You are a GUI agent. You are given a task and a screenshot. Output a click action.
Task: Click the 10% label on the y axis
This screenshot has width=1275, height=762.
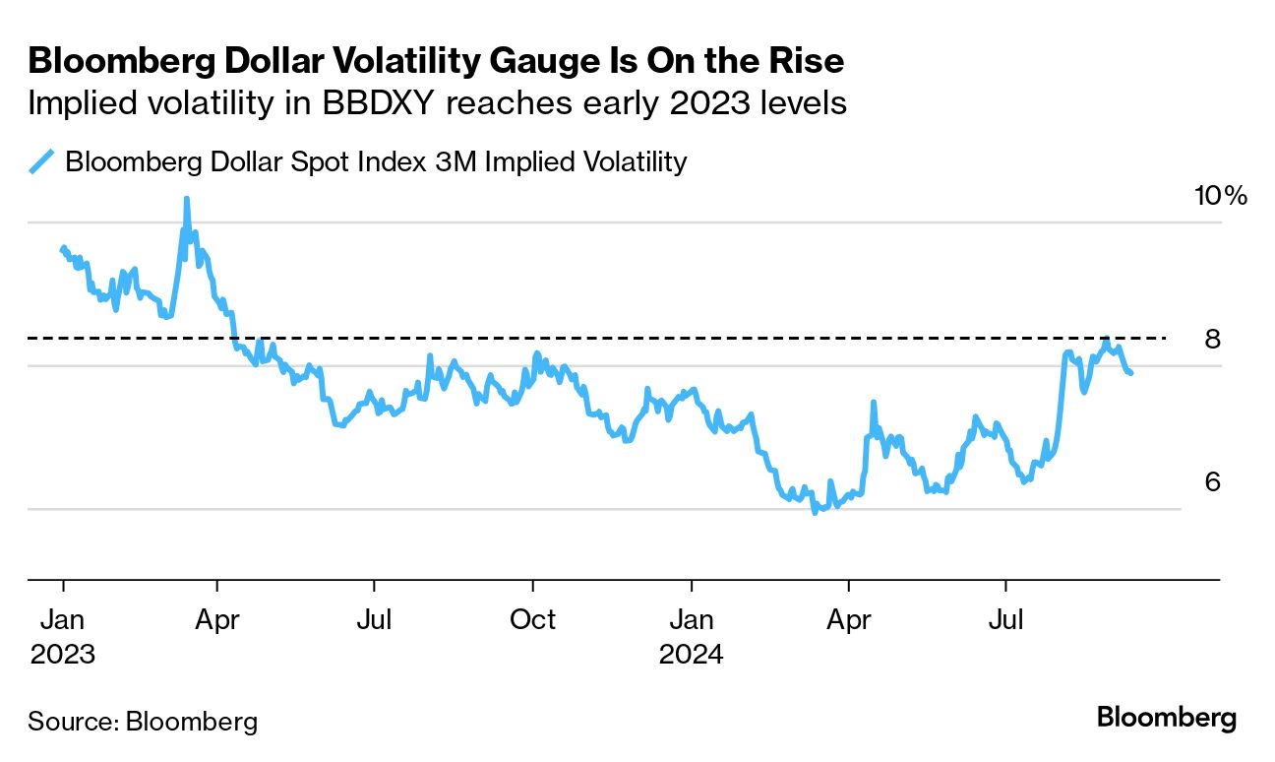pos(1220,195)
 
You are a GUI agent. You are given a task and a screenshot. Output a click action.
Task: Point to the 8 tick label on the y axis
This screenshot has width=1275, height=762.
pos(1212,340)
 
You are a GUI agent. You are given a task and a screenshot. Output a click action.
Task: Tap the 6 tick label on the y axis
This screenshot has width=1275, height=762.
pos(1212,482)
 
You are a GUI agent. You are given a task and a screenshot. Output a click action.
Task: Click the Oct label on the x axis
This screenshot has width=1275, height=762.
pos(532,620)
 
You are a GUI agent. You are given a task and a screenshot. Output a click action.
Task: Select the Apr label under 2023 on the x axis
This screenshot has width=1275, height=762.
pos(217,620)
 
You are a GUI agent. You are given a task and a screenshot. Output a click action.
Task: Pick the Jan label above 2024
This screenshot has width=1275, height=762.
pos(691,620)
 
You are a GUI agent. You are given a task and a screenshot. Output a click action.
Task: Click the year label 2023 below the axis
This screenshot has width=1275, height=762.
pos(62,654)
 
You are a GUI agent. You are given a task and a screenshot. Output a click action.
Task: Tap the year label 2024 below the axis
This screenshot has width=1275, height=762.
pos(691,654)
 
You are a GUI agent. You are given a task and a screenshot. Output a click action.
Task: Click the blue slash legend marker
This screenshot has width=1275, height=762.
pos(42,161)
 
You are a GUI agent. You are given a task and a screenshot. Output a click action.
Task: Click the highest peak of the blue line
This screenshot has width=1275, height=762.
pos(186,199)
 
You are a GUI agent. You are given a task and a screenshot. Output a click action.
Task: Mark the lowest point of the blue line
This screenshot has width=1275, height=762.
pos(815,513)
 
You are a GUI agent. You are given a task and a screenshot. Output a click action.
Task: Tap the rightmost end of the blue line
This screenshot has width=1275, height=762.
pos(1131,373)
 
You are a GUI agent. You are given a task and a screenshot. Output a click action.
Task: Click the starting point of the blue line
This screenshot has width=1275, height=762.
pos(63,248)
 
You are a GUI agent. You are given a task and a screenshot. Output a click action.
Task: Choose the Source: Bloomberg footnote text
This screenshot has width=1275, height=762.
pos(143,721)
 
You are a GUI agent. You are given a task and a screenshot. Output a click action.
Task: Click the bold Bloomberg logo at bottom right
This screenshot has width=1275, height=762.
pos(1166,718)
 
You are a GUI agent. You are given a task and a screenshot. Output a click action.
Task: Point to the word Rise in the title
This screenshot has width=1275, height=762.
pos(806,61)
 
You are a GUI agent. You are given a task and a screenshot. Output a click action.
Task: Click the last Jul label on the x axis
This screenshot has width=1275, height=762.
pos(1005,620)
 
